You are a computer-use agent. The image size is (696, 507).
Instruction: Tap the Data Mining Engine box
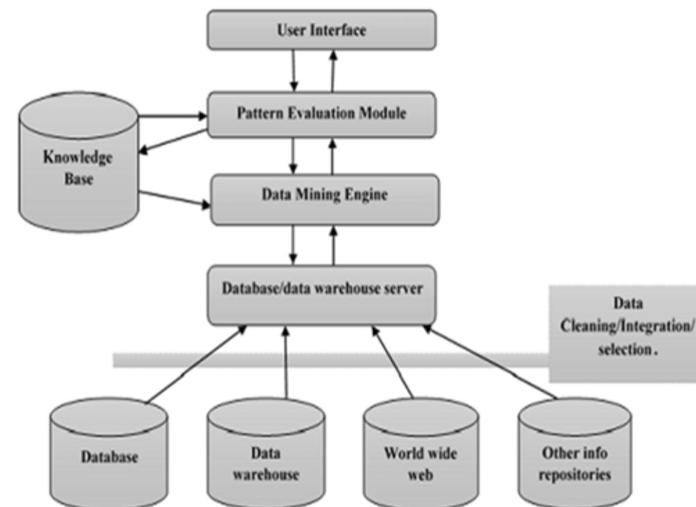tap(323, 197)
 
